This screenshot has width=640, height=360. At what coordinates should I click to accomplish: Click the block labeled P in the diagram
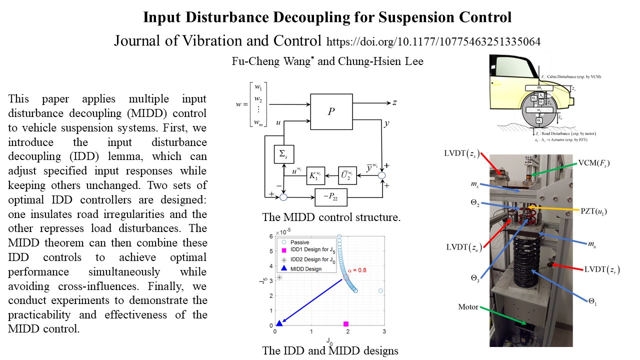pyautogui.click(x=331, y=111)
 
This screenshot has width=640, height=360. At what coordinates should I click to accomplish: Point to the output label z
pyautogui.click(x=394, y=102)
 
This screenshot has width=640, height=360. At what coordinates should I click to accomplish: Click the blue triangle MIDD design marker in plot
pyautogui.click(x=279, y=323)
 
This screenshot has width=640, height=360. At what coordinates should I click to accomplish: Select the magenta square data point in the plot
pyautogui.click(x=346, y=324)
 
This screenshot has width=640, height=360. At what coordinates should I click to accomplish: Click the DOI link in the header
pyautogui.click(x=433, y=41)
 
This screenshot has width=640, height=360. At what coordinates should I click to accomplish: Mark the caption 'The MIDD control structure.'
pyautogui.click(x=331, y=218)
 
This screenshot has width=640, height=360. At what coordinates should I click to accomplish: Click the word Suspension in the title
pyautogui.click(x=420, y=17)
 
